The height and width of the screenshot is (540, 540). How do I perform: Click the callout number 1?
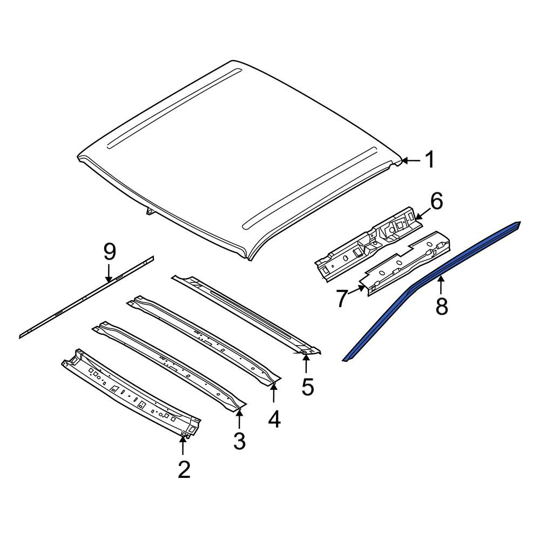point(429,160)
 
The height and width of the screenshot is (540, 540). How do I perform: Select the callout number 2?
point(184,469)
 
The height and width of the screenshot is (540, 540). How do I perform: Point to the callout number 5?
point(308,387)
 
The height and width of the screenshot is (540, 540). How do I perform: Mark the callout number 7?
point(341,299)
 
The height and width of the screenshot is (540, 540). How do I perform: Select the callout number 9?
point(110,252)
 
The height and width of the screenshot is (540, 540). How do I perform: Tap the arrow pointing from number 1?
point(411,160)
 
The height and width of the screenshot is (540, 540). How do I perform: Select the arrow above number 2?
point(183,444)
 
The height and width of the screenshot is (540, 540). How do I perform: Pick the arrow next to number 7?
point(356,290)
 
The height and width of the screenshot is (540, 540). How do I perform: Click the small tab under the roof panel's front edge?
point(150,211)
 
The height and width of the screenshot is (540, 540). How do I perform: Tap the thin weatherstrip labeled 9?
point(86,297)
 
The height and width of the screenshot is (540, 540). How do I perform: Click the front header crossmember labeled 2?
point(131,394)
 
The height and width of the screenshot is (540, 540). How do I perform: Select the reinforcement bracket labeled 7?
point(404,263)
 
